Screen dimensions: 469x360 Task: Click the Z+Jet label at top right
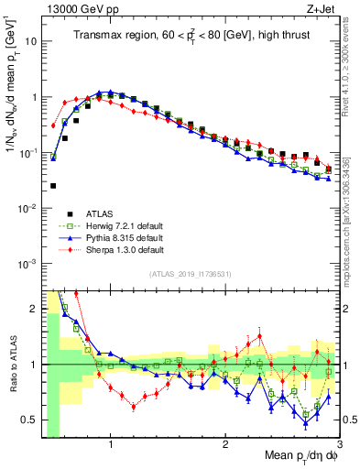pyautogui.click(x=320, y=8)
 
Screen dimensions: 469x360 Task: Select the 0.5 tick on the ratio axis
pyautogui.click(x=30, y=420)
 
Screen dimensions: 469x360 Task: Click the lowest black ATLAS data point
pyautogui.click(x=53, y=185)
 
